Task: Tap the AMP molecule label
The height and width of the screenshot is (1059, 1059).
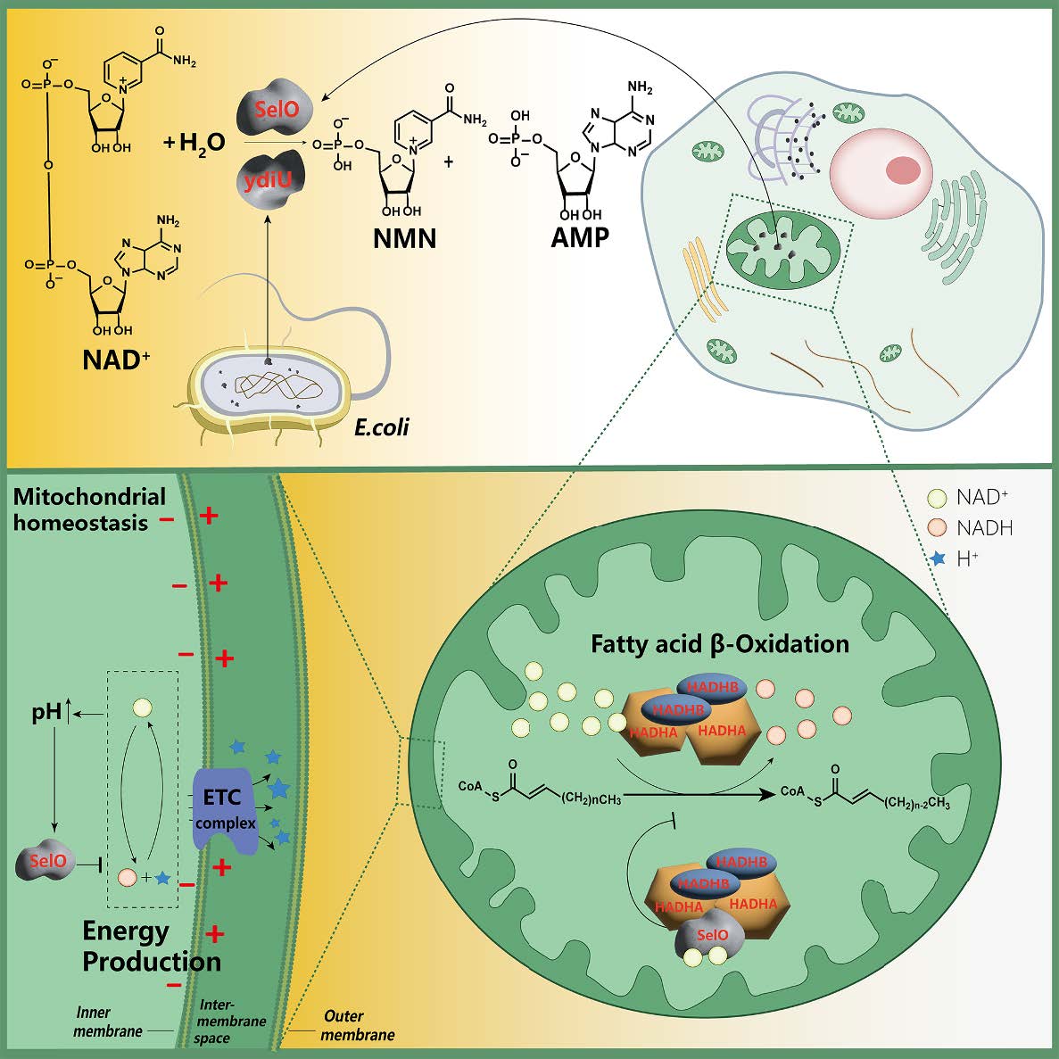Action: (580, 237)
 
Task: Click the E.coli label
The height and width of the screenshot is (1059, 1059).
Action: (382, 427)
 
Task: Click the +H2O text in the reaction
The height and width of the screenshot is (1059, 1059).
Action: (195, 141)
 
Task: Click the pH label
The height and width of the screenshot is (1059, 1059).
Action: (47, 713)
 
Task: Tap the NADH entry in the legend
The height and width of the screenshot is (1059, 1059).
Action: (983, 528)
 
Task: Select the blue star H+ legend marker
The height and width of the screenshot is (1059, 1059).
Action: (937, 559)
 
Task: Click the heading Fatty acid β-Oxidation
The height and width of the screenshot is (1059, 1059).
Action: (720, 643)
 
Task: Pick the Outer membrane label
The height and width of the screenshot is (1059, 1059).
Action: (357, 1025)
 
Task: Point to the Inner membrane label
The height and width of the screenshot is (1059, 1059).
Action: (106, 1022)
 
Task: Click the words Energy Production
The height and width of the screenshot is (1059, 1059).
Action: (151, 946)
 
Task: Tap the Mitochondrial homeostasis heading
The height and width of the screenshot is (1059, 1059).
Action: (89, 509)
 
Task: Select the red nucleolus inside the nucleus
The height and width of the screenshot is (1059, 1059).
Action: (903, 169)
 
